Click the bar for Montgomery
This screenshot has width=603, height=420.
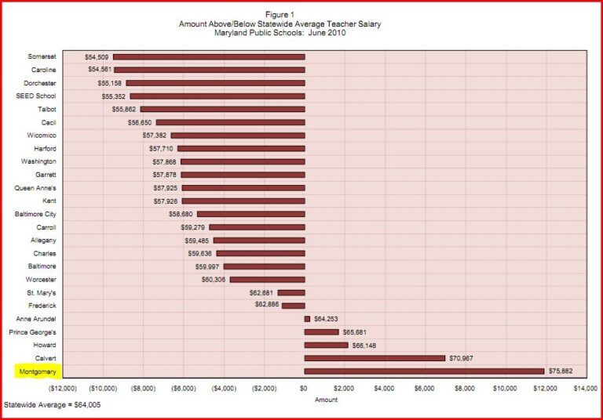click(x=424, y=371)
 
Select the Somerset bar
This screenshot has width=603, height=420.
click(x=209, y=57)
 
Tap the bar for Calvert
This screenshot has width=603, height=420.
click(x=375, y=358)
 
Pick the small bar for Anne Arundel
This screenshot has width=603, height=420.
click(x=307, y=319)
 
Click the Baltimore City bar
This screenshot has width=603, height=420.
click(x=250, y=214)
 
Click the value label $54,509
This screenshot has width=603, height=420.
click(x=97, y=57)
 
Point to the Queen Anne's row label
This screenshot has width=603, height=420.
click(x=35, y=188)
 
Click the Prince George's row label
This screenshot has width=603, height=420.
click(x=32, y=332)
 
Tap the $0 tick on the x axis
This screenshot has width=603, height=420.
click(x=304, y=389)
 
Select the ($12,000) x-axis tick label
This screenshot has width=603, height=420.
click(x=63, y=389)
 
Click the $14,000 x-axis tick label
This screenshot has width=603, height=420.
click(x=585, y=389)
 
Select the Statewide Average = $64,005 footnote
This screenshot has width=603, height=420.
click(x=52, y=405)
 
